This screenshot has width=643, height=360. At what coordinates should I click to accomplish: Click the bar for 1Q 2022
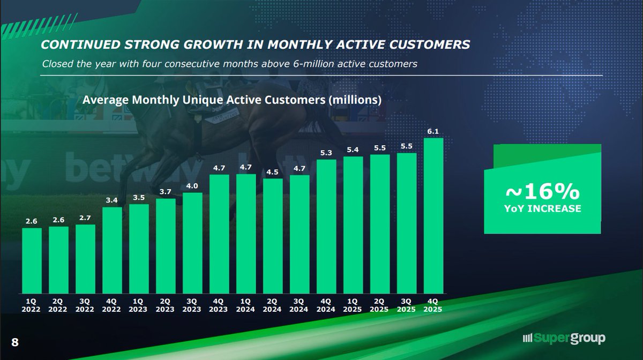tap(32, 260)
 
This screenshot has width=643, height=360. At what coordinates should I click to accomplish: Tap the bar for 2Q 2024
tap(273, 236)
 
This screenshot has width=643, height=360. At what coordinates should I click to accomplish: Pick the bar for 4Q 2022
tap(112, 250)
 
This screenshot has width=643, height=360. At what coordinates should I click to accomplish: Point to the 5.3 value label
tap(326, 153)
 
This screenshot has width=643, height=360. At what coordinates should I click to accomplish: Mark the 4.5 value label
tap(273, 172)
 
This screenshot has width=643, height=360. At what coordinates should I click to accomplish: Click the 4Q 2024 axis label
tap(326, 305)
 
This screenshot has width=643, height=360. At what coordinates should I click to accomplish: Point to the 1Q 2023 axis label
tap(139, 305)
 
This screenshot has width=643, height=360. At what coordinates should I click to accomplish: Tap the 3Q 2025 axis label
tap(407, 305)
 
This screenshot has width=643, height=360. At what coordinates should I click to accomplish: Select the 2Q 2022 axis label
tap(58, 305)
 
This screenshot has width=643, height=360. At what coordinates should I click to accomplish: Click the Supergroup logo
tap(565, 338)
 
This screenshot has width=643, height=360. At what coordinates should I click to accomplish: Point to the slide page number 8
tap(14, 341)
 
